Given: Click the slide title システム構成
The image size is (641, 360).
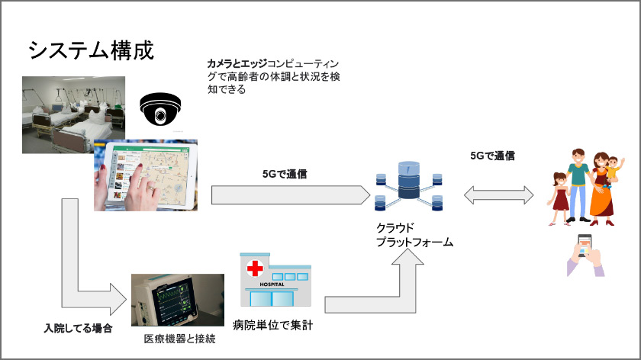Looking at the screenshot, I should tap(91, 50).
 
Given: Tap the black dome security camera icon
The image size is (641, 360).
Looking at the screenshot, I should tap(161, 110).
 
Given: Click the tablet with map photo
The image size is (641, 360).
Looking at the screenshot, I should tap(146, 175).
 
